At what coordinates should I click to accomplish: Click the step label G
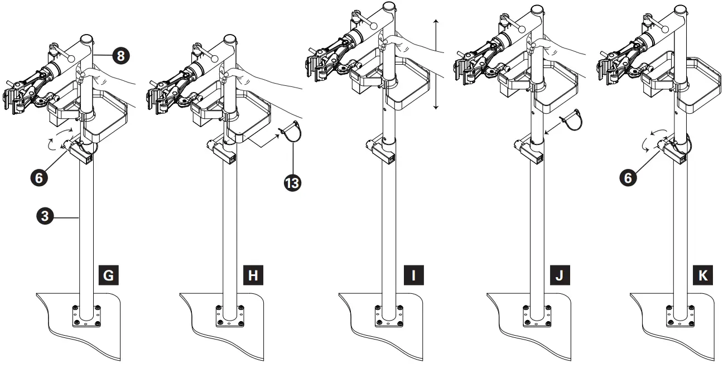108,275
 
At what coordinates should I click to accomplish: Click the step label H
253,275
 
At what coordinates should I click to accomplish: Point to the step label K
703,275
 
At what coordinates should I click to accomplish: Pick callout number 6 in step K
628,178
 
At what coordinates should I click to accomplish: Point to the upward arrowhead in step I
436,21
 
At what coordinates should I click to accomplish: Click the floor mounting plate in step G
86,317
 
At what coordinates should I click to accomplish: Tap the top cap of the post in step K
680,10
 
